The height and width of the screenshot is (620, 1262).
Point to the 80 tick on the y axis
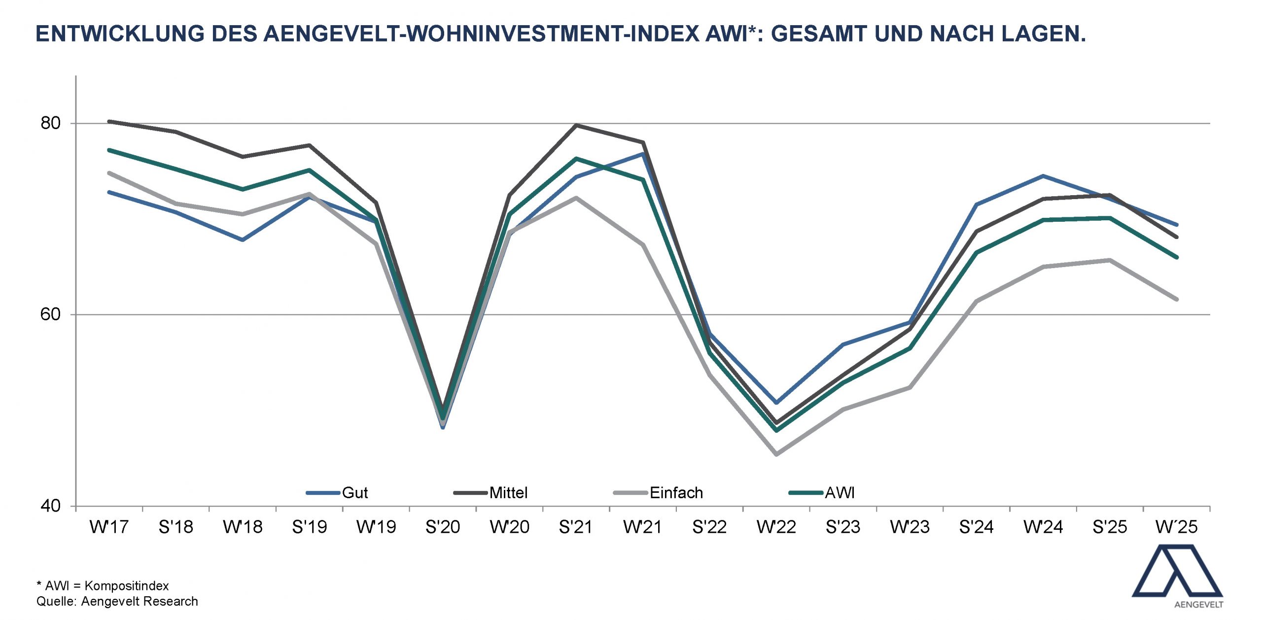(x=50, y=123)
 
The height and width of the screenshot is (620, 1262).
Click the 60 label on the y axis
(x=50, y=314)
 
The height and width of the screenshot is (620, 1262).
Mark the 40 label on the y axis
(x=50, y=506)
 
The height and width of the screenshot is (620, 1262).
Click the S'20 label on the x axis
(x=442, y=527)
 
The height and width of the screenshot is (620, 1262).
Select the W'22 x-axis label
(x=776, y=527)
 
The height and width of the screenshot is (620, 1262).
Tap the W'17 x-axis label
(x=109, y=527)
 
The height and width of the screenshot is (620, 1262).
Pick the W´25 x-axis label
(x=1176, y=527)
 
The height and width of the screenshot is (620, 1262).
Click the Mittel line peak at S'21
(x=576, y=125)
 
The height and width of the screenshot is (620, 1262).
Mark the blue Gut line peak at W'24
(x=1043, y=176)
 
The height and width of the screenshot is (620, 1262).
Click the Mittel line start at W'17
(x=109, y=121)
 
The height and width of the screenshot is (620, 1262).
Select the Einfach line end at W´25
(x=1177, y=299)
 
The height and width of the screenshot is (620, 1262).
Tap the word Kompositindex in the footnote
(x=127, y=586)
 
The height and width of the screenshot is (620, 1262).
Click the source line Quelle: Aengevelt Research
(x=117, y=601)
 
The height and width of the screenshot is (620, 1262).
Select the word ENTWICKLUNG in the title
(x=120, y=34)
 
